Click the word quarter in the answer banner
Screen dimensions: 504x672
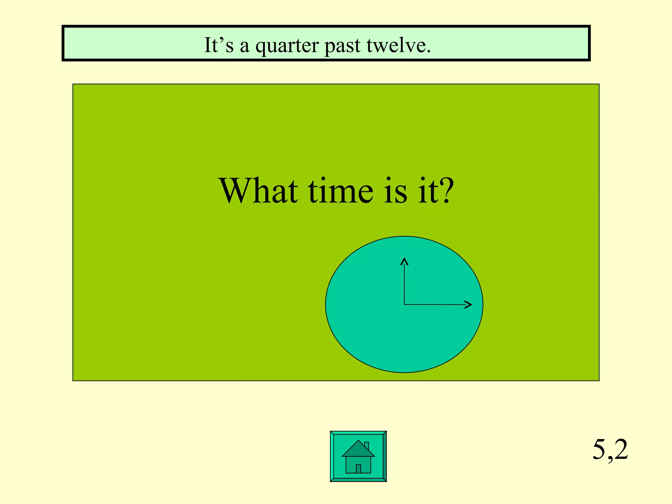pos(287,46)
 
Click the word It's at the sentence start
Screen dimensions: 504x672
pos(219,45)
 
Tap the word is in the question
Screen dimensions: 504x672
pos(396,191)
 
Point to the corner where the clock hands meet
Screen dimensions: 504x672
pos(404,304)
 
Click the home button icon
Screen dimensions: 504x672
pos(358,456)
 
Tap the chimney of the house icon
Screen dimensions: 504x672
pos(367,446)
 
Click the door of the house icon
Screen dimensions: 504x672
pos(358,468)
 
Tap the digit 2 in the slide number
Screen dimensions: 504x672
pos(621,449)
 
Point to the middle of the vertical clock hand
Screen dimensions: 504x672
pos(404,282)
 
